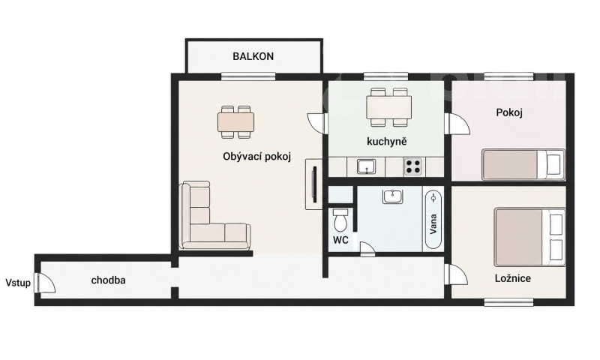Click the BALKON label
253,56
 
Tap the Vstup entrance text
18,283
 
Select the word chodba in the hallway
108,280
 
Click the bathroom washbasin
392,196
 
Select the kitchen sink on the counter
366,166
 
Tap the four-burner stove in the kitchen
413,166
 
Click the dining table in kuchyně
389,107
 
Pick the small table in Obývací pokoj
236,122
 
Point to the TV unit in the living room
313,184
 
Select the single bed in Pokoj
523,164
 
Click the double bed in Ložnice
529,237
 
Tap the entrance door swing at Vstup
45,283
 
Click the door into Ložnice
456,274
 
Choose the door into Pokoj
457,124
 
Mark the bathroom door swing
368,249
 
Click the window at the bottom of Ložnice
508,301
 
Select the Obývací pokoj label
257,157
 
